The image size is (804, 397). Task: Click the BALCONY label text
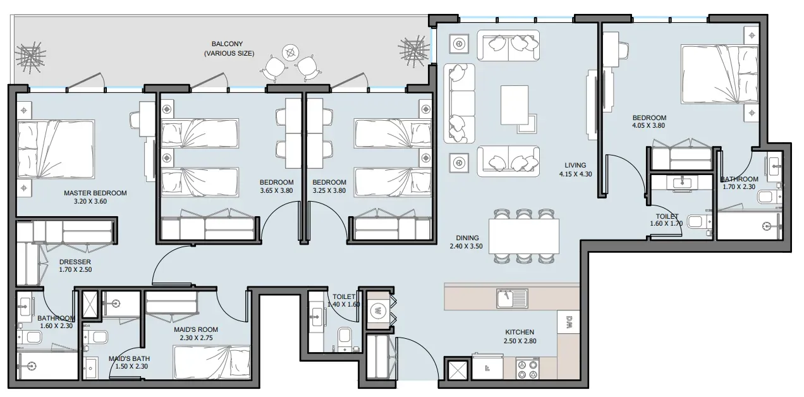(227, 44)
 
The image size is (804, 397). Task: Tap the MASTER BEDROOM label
(95, 193)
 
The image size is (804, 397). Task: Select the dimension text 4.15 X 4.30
(575, 174)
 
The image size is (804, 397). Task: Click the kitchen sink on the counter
(512, 298)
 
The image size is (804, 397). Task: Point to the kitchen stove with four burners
(528, 369)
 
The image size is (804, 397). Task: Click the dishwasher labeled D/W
(568, 321)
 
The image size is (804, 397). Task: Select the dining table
(524, 236)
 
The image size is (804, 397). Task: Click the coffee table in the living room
(515, 105)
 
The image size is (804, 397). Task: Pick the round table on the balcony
(290, 52)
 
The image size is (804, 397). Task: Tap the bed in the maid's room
(212, 362)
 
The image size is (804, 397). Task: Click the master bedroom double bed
(56, 149)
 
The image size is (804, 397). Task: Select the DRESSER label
(75, 262)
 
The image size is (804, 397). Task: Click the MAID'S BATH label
(129, 358)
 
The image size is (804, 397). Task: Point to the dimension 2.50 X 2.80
(520, 341)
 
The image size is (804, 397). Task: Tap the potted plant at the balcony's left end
(30, 58)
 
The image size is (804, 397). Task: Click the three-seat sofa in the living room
(459, 104)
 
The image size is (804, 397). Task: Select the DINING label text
(467, 238)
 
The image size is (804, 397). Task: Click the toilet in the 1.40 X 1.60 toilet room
(344, 338)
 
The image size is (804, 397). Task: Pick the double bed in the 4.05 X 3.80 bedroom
(720, 75)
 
